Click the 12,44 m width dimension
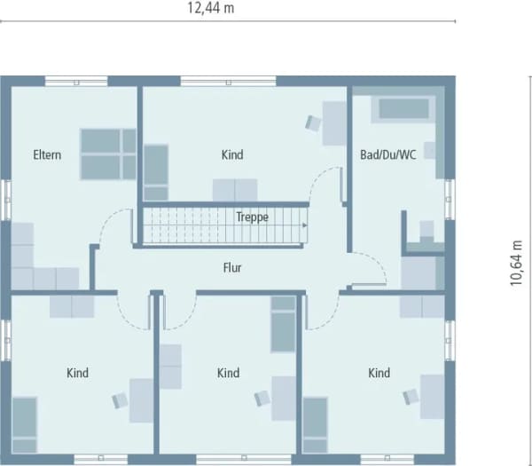tap(211, 8)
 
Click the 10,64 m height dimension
tap(516, 264)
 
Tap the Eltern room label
tap(47, 154)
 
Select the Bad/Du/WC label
tap(387, 154)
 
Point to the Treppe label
tap(252, 217)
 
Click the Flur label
tap(232, 268)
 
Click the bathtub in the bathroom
tap(403, 109)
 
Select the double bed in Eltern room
tap(108, 154)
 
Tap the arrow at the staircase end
tap(305, 225)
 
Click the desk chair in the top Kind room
tap(313, 122)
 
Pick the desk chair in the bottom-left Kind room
tap(120, 400)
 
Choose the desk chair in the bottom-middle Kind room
tap(262, 398)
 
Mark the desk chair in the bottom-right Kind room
tap(411, 397)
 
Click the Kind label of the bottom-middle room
tap(229, 373)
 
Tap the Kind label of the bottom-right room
tap(379, 373)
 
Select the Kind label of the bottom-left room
tap(78, 373)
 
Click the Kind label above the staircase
tap(232, 154)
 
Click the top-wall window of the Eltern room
tap(76, 82)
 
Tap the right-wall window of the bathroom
tap(450, 200)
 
